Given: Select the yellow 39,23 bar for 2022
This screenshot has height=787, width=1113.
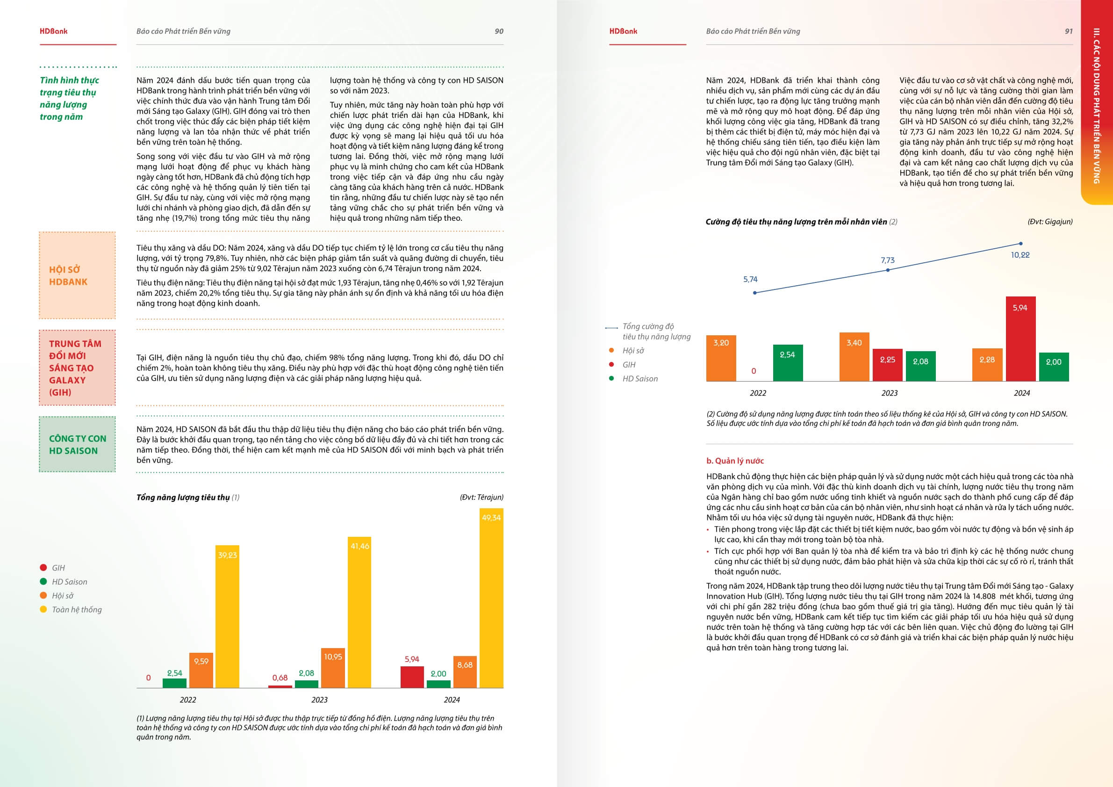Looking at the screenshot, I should [x=227, y=616].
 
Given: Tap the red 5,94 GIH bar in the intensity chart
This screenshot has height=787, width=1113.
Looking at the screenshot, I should [x=1020, y=339].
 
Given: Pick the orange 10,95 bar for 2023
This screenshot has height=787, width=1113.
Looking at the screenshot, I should [x=333, y=668].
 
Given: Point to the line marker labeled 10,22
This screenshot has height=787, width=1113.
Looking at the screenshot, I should [x=1020, y=244].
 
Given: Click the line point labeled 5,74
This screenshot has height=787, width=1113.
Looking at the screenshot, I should [x=755, y=293].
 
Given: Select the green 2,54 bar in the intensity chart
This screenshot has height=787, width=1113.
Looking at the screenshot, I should [x=787, y=363].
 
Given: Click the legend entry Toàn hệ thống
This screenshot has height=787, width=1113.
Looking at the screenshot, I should [x=77, y=609].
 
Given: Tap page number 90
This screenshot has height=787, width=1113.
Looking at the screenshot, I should [x=499, y=31].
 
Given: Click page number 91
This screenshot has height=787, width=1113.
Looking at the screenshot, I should [x=1069, y=31].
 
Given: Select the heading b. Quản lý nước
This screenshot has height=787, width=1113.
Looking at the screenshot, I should [x=735, y=461].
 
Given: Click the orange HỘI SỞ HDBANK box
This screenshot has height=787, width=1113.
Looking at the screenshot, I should [x=77, y=275].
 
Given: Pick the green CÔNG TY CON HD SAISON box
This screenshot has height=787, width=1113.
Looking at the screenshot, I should [x=77, y=444].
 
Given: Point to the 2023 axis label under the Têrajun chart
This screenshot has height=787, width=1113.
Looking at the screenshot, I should [x=319, y=700].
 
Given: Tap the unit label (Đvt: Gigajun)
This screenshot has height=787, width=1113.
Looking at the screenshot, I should [x=1050, y=222].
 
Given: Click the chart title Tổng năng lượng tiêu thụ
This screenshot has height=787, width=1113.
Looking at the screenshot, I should [x=183, y=497].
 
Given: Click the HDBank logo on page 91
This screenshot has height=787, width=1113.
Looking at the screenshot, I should [x=623, y=31].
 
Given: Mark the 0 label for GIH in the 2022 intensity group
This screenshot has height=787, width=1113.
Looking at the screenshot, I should [x=754, y=371].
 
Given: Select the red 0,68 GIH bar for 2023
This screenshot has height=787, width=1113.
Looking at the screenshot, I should [x=280, y=686].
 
